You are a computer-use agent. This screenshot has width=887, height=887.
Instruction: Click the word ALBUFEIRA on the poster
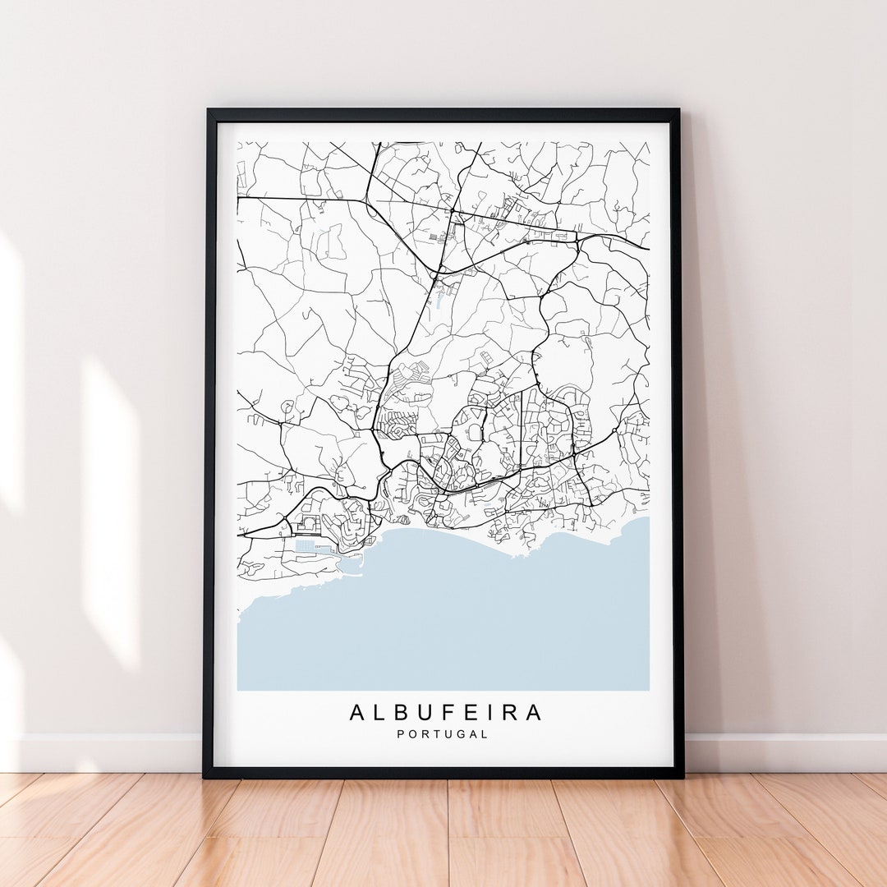click(446, 712)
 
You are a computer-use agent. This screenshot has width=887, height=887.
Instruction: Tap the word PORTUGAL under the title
click(443, 734)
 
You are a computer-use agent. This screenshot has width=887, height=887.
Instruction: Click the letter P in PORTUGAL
click(401, 734)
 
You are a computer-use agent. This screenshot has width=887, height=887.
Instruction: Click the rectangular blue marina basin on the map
click(306, 546)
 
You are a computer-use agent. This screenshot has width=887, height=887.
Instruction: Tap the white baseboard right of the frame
click(780, 752)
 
